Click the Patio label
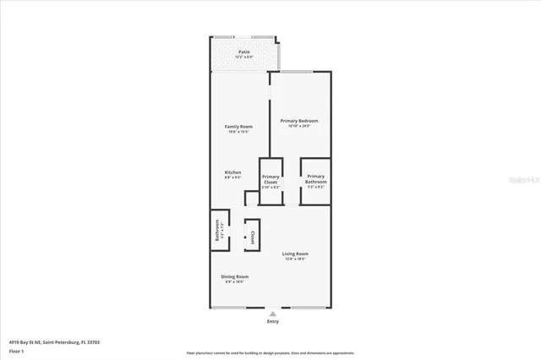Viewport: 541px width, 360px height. [x=243, y=52]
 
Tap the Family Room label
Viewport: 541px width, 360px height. [x=238, y=127]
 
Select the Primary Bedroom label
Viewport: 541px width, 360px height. [x=299, y=121]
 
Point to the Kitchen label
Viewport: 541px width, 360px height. [x=233, y=172]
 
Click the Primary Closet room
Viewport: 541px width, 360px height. [x=270, y=182]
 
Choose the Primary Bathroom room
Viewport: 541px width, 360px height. [x=315, y=181]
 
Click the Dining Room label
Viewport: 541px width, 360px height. [x=236, y=276]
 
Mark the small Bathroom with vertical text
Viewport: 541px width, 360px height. [x=218, y=230]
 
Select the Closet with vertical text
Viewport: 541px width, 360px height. [x=252, y=236]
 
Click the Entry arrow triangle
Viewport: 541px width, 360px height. [x=272, y=313]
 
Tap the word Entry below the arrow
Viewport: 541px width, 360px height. [x=272, y=321]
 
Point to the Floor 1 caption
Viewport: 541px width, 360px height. [x=16, y=350]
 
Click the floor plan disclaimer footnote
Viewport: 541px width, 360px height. [x=270, y=352]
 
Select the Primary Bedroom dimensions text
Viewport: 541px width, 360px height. [x=299, y=126]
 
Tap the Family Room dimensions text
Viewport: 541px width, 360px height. [x=238, y=132]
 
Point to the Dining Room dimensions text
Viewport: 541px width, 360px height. [x=236, y=281]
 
